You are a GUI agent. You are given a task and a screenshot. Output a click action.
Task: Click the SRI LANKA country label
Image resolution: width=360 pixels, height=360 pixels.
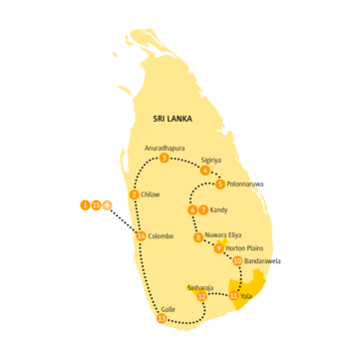coord(172,118)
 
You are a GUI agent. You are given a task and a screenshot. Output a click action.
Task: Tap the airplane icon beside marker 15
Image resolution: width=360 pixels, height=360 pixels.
coord(107,205)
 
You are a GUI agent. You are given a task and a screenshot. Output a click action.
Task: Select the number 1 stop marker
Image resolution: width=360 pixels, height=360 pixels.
coord(86,205)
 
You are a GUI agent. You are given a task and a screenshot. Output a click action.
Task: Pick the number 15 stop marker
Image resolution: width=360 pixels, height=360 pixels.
coord(96,205)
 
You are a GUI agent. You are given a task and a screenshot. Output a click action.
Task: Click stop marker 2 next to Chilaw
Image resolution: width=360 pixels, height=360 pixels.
coord(135,194)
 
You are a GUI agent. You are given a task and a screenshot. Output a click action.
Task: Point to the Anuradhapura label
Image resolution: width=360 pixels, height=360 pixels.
coord(166,148)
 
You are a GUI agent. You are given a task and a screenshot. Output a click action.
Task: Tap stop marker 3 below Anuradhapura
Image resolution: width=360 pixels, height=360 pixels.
coord(164,158)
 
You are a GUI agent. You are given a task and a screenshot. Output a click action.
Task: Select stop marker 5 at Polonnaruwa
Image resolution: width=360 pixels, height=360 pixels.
coord(219,183)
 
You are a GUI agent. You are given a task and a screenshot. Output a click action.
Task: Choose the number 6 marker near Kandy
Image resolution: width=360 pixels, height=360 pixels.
coord(192,210)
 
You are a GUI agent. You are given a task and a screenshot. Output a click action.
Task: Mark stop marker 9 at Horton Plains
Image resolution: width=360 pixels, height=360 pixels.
coord(218,248)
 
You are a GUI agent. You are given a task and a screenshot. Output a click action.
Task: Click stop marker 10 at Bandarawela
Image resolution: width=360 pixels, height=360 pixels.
coord(237,261)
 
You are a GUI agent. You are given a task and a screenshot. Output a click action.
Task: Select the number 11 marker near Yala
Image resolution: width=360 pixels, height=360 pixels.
coord(233,296)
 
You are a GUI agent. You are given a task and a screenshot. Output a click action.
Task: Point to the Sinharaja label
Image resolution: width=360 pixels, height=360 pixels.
coord(200,286)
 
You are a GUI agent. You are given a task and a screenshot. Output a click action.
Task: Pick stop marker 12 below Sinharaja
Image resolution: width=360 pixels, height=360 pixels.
coord(201,296)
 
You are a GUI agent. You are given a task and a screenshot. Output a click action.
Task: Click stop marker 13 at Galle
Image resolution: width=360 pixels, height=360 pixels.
coord(162,319)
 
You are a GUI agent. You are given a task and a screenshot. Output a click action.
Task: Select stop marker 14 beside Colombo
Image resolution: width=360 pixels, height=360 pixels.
coord(141,235)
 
